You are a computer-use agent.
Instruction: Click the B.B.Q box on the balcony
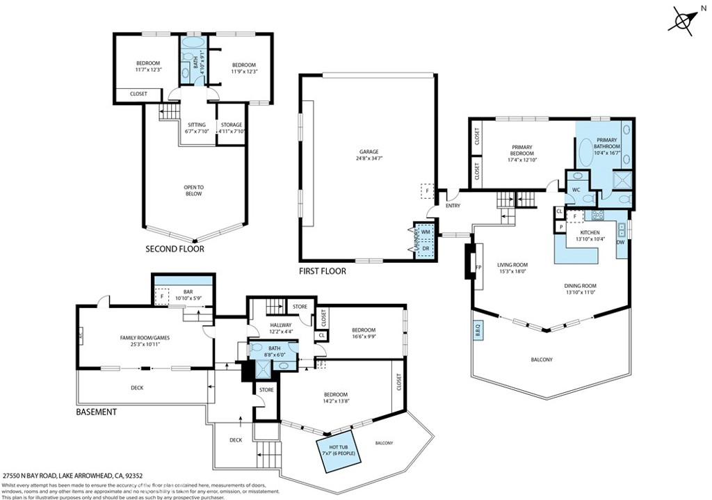tap(478, 330)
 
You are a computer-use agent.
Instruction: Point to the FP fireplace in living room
tap(478, 266)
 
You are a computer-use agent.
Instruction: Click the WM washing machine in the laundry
tap(425, 232)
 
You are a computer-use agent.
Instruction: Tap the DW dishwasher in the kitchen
tap(620, 242)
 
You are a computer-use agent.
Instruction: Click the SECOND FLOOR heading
tap(175, 249)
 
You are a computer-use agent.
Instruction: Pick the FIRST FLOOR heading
tap(322, 271)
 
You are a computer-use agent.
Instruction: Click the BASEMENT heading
tap(96, 412)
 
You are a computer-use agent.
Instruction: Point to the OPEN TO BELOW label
tap(193, 190)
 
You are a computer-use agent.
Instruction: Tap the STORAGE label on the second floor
tap(232, 125)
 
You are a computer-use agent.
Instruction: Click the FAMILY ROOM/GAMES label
tap(145, 338)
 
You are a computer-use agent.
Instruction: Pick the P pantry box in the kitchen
tap(560, 227)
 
